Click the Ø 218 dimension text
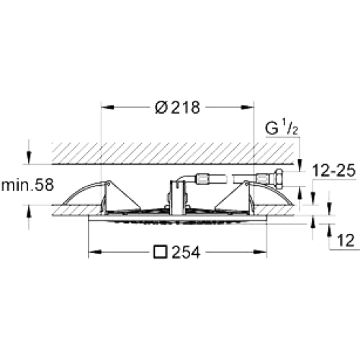click(177, 107)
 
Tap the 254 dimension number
click(186, 253)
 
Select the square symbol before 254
click(161, 252)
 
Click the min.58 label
click(27, 185)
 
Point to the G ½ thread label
click(282, 128)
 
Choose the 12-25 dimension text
click(334, 171)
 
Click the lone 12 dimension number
click(346, 240)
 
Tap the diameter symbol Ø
click(161, 107)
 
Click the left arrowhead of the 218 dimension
click(107, 107)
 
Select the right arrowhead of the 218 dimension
click(248, 107)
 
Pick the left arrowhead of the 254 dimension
click(95, 252)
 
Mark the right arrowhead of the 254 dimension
click(261, 252)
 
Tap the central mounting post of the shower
click(177, 197)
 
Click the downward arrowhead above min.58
click(29, 158)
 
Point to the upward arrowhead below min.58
click(29, 212)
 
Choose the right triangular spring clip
click(233, 195)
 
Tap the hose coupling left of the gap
click(203, 179)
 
